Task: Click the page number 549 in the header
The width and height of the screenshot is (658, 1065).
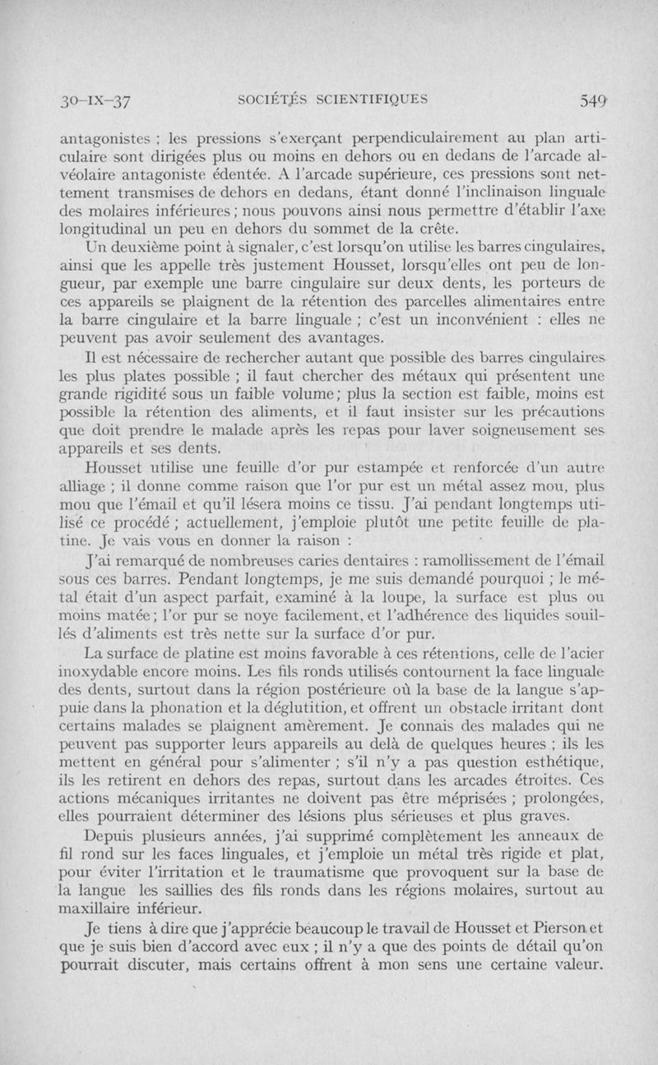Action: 593,102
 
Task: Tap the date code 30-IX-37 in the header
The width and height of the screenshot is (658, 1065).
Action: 95,102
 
